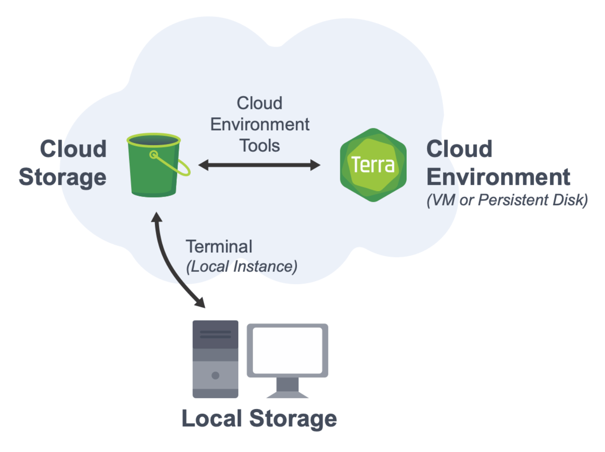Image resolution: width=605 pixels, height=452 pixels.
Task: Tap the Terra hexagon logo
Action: pos(373,165)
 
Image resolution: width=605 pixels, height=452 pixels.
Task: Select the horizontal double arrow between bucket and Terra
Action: pos(259,165)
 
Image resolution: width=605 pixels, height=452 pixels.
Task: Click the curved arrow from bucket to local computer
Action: pos(168,263)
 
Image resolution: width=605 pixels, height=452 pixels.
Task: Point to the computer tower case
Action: pos(215,359)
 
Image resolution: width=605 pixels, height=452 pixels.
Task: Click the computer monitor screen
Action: pos(287,350)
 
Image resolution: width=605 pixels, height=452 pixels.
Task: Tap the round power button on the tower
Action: pos(215,375)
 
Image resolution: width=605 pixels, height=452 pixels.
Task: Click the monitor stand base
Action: pos(287,394)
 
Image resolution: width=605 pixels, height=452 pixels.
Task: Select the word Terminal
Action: pos(219,247)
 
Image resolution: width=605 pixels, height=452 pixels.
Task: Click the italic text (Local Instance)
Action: pos(242,267)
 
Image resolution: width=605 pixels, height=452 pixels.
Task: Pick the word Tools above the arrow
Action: pos(260,146)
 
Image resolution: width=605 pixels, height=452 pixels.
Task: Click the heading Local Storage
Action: pos(259,418)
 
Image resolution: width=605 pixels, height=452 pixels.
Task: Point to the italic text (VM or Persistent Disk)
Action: pos(507,200)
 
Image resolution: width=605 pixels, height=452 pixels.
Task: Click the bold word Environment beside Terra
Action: pos(498,177)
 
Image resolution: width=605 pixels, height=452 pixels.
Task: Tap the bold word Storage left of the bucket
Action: pos(62,177)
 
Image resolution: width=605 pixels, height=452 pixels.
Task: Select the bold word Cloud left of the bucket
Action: pos(73,149)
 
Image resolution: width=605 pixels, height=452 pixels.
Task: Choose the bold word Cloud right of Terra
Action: pos(459,149)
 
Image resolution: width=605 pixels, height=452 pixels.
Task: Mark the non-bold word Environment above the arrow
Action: pos(260,124)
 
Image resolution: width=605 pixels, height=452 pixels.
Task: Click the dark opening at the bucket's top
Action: pos(153,140)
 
